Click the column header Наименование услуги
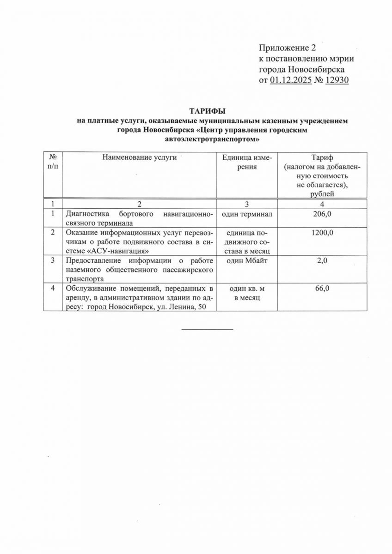point(140,157)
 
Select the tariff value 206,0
point(323,214)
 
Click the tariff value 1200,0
point(323,234)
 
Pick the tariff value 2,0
point(323,261)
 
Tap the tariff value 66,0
point(323,289)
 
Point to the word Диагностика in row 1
point(86,214)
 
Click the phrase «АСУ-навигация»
point(117,251)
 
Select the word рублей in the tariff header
point(323,193)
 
